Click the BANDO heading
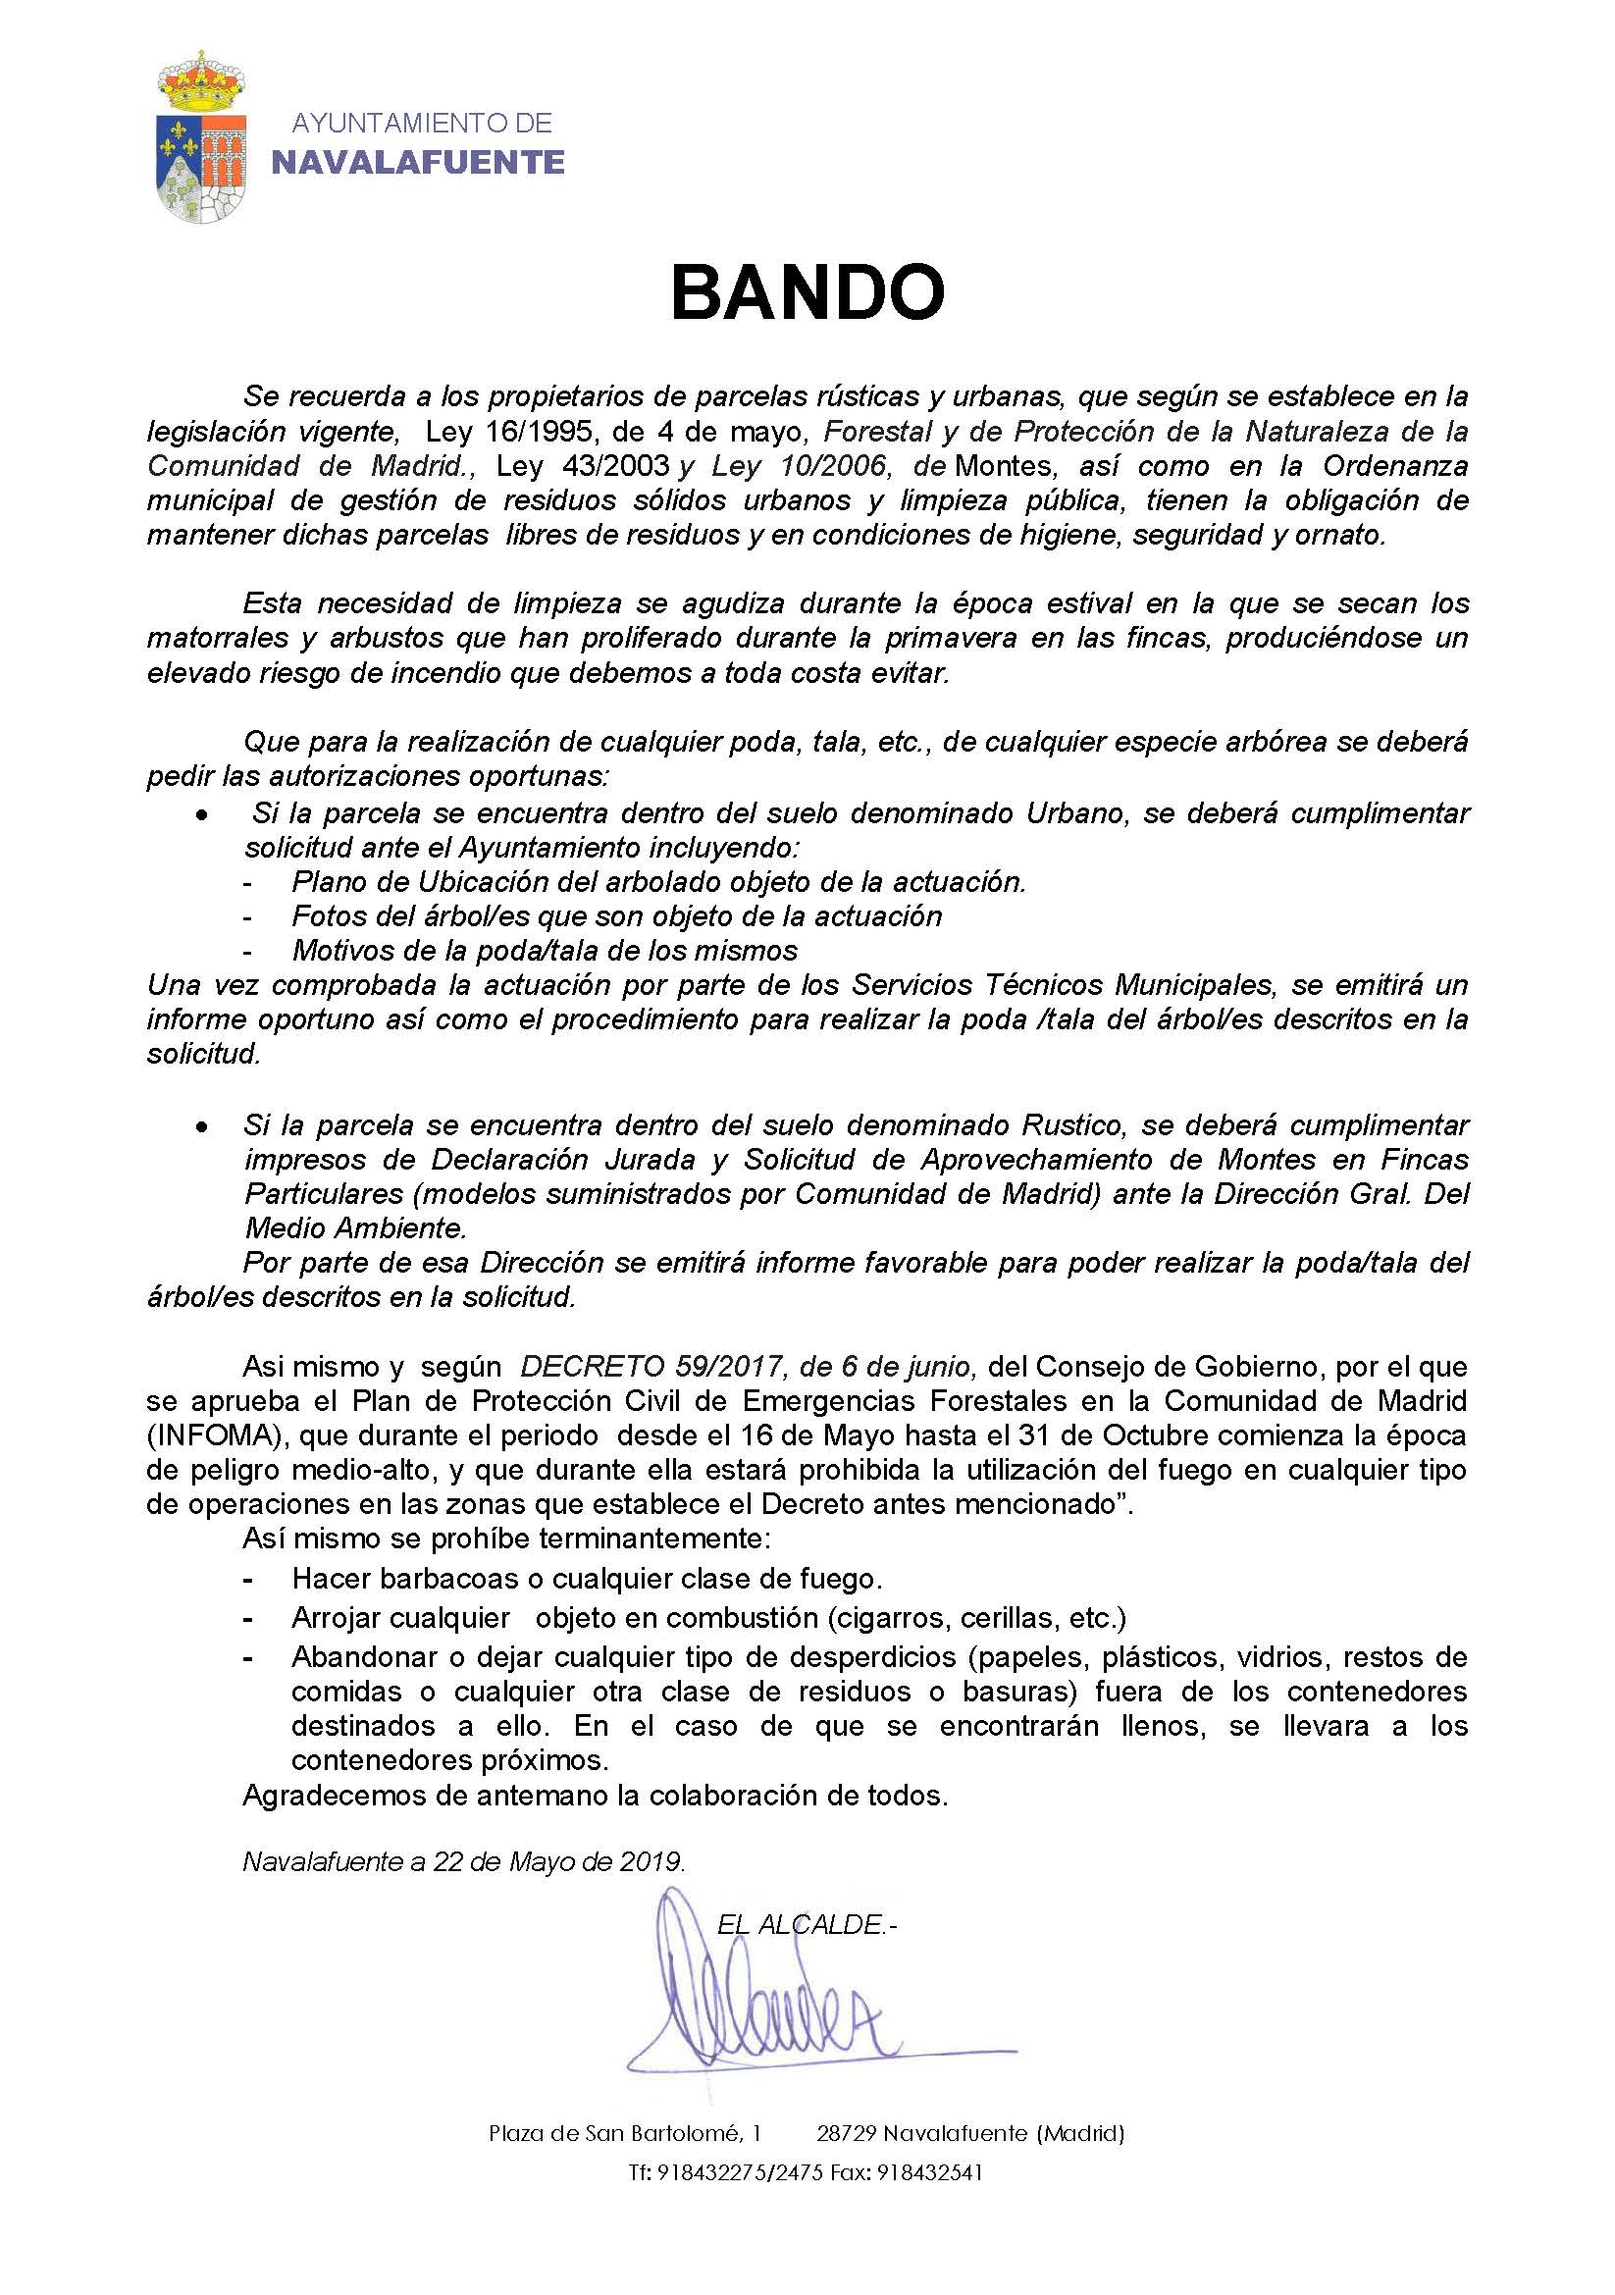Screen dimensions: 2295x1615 click(807, 291)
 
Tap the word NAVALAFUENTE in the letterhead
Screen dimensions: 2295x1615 click(418, 162)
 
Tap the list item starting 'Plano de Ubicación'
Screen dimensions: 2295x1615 click(658, 882)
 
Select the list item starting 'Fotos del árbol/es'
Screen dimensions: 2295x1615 click(616, 915)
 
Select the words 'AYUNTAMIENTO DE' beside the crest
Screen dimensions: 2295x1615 click(421, 123)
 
